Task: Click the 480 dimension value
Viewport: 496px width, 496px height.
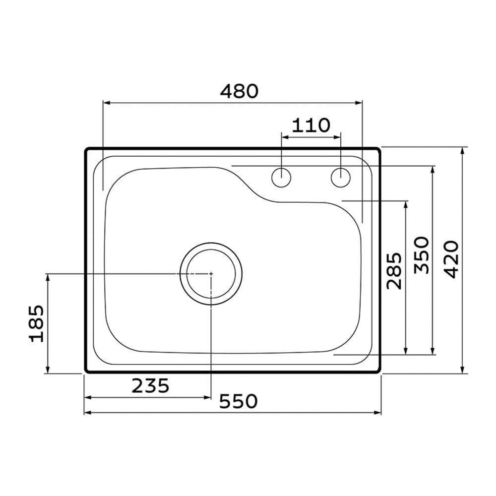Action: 240,91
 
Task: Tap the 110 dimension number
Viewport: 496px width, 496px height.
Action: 310,125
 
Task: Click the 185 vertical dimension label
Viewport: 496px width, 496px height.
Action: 37,323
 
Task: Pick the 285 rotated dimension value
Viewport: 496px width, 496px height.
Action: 394,271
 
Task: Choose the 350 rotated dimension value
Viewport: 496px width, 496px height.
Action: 421,255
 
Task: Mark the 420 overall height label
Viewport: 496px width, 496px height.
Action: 450,259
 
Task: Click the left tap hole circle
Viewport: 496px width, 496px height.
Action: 282,178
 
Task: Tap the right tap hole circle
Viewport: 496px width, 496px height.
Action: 341,178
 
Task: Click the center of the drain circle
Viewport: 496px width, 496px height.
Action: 211,273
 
